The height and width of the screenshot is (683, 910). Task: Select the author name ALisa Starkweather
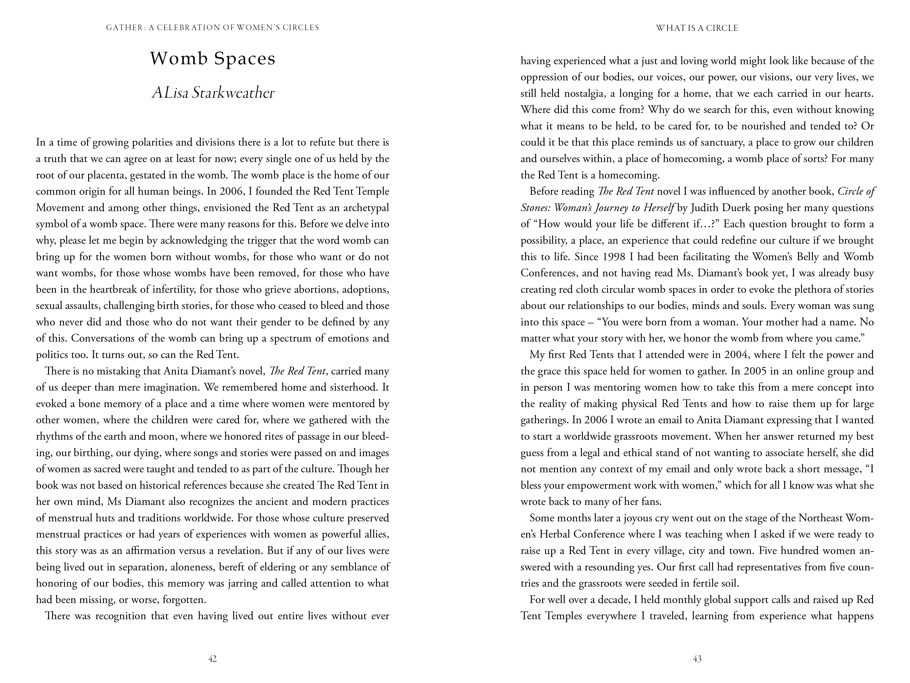tap(213, 93)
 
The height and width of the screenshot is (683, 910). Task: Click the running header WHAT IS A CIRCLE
tap(697, 28)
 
